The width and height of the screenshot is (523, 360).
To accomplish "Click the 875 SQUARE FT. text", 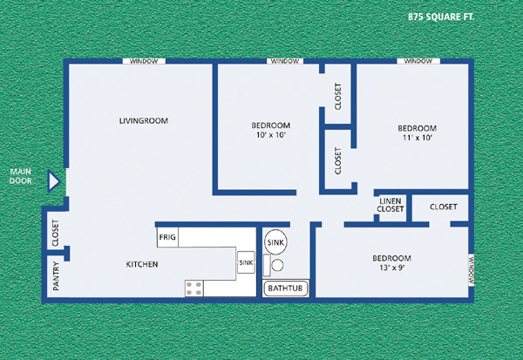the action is (441, 17).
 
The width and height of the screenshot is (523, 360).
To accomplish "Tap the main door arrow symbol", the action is (53, 181).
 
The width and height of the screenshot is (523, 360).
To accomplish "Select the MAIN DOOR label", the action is (20, 176).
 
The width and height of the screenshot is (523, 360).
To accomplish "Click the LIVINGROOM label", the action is (144, 120).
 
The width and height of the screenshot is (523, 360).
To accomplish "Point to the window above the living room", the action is (144, 61).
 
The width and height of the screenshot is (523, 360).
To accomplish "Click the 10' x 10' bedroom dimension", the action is (271, 135).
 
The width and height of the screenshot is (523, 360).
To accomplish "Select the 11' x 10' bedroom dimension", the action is (418, 138).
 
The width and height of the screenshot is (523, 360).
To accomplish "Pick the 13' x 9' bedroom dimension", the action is (392, 268).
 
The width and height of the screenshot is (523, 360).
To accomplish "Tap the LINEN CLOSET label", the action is (391, 205).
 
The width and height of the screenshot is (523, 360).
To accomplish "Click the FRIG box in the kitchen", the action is (167, 237).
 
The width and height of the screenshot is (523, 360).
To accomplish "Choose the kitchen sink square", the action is (246, 262).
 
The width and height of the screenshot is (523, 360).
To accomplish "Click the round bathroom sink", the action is (275, 242).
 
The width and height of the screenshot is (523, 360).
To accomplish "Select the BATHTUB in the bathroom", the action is (285, 289).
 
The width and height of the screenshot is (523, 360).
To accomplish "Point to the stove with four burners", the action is (194, 289).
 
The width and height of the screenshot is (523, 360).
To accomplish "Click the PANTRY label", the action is (56, 276).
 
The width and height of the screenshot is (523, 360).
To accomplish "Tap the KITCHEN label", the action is (142, 264).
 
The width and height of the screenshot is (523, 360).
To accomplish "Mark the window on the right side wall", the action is (472, 270).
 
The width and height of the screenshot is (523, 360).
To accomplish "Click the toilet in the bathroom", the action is (274, 265).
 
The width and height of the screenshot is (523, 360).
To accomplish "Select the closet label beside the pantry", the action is (56, 233).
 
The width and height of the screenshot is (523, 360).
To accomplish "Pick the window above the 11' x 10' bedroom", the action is (418, 61).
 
